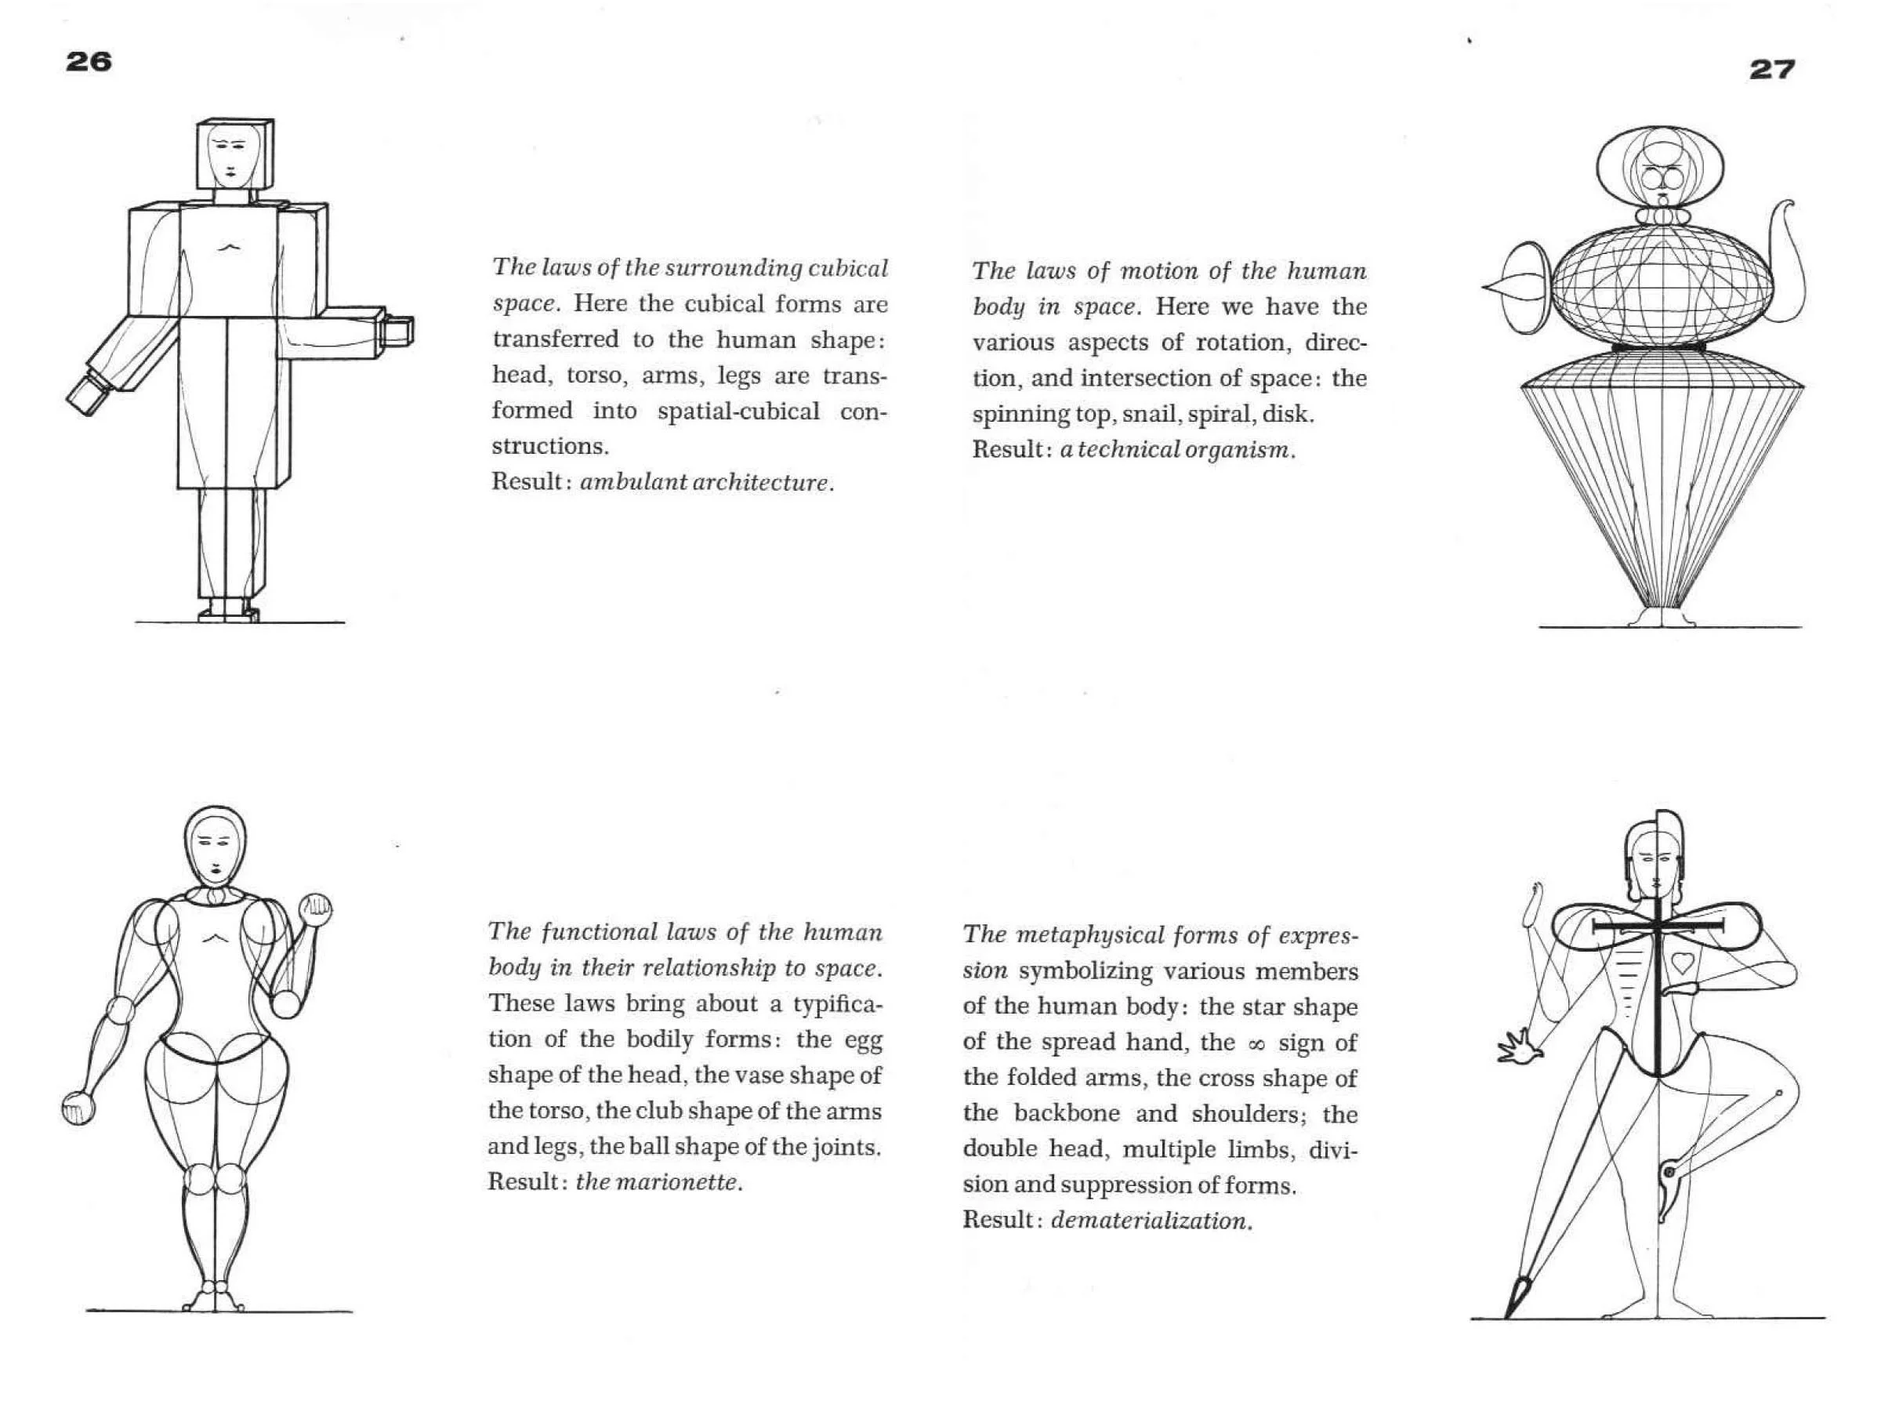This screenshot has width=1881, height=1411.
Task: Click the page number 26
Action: tap(89, 61)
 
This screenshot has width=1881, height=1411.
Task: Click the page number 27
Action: tap(1772, 69)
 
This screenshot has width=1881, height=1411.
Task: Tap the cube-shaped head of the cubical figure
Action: tap(234, 154)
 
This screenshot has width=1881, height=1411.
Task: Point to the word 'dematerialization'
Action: tap(1149, 1221)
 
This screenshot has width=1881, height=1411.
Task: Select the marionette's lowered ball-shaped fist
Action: tap(79, 1108)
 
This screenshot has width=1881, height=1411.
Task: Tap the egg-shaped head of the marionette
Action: tap(217, 847)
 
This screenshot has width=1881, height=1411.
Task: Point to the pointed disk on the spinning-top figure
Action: tap(1520, 288)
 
